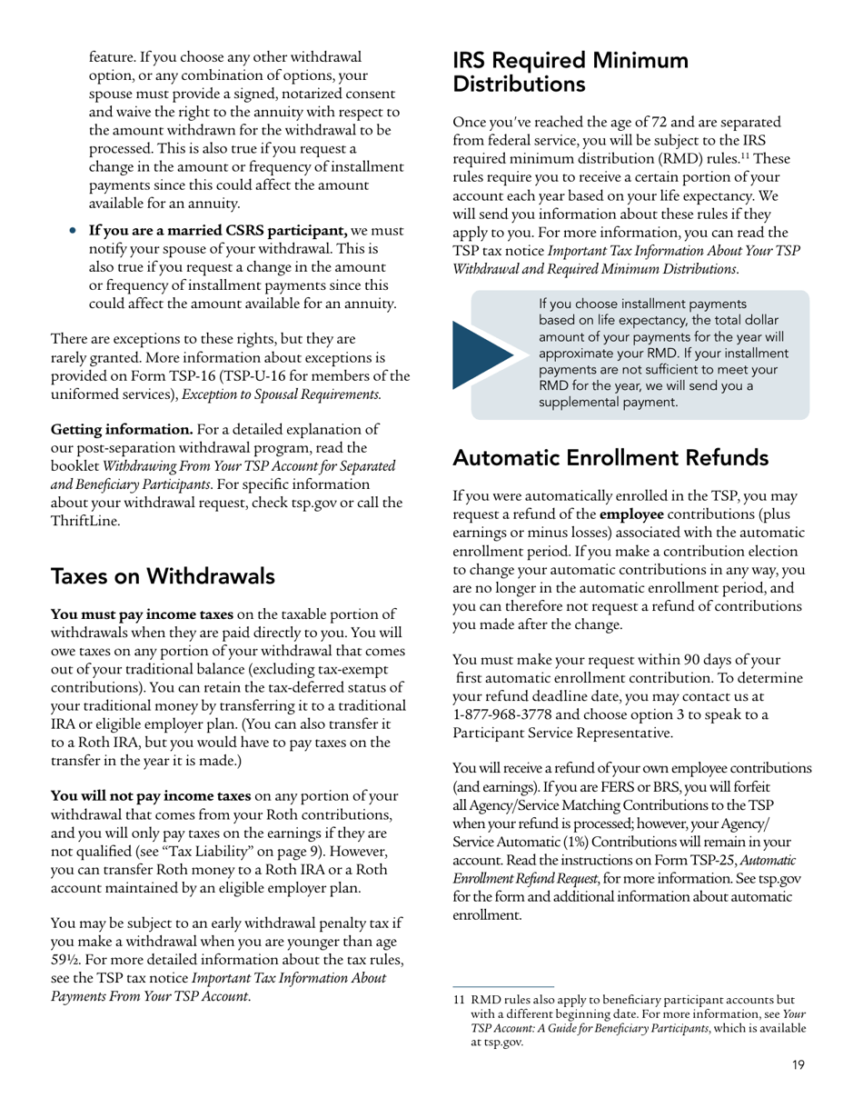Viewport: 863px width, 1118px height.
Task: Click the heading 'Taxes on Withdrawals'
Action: pos(163,576)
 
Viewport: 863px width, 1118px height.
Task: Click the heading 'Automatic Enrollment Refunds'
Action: pos(610,457)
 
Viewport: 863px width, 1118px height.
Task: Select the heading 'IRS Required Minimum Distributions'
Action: pos(570,73)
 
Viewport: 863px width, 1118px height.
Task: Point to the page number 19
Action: pos(798,1065)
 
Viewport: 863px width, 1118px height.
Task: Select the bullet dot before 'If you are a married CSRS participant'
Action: pos(74,231)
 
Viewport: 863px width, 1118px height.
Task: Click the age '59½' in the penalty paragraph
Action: pos(65,961)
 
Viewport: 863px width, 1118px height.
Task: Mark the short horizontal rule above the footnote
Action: pos(503,986)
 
